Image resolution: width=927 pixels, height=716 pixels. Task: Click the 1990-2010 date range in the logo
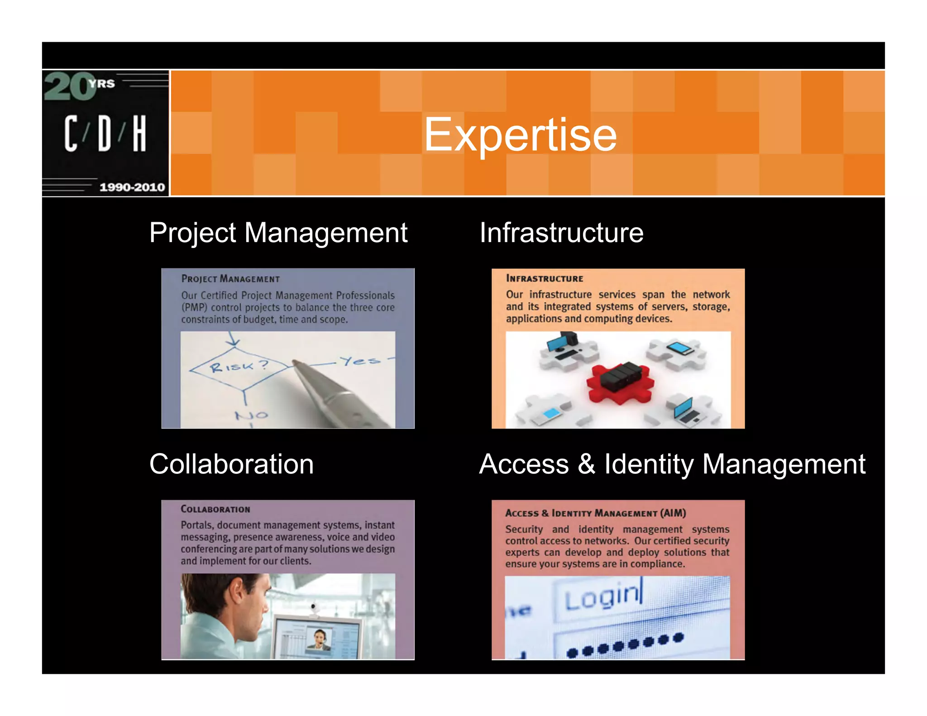pyautogui.click(x=132, y=187)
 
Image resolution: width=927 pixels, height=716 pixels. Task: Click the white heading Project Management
pyautogui.click(x=278, y=233)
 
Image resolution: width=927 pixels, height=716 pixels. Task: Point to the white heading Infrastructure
pyautogui.click(x=561, y=233)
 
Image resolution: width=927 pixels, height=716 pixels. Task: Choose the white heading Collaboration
pyautogui.click(x=231, y=464)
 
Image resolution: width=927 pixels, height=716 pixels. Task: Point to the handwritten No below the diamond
pyautogui.click(x=251, y=415)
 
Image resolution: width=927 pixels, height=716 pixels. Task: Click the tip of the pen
pyautogui.click(x=295, y=363)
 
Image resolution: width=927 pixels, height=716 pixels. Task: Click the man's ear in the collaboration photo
pyautogui.click(x=237, y=598)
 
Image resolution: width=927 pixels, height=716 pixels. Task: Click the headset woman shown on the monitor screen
pyautogui.click(x=320, y=639)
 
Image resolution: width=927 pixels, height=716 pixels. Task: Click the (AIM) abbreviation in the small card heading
pyautogui.click(x=673, y=513)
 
